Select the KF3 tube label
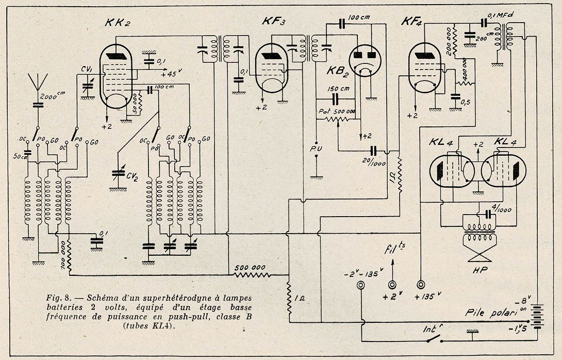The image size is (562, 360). pyautogui.click(x=274, y=22)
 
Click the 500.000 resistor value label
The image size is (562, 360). pyautogui.click(x=252, y=269)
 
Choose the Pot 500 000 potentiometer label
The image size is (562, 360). pyautogui.click(x=333, y=111)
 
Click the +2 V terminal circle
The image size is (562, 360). pyautogui.click(x=393, y=285)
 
